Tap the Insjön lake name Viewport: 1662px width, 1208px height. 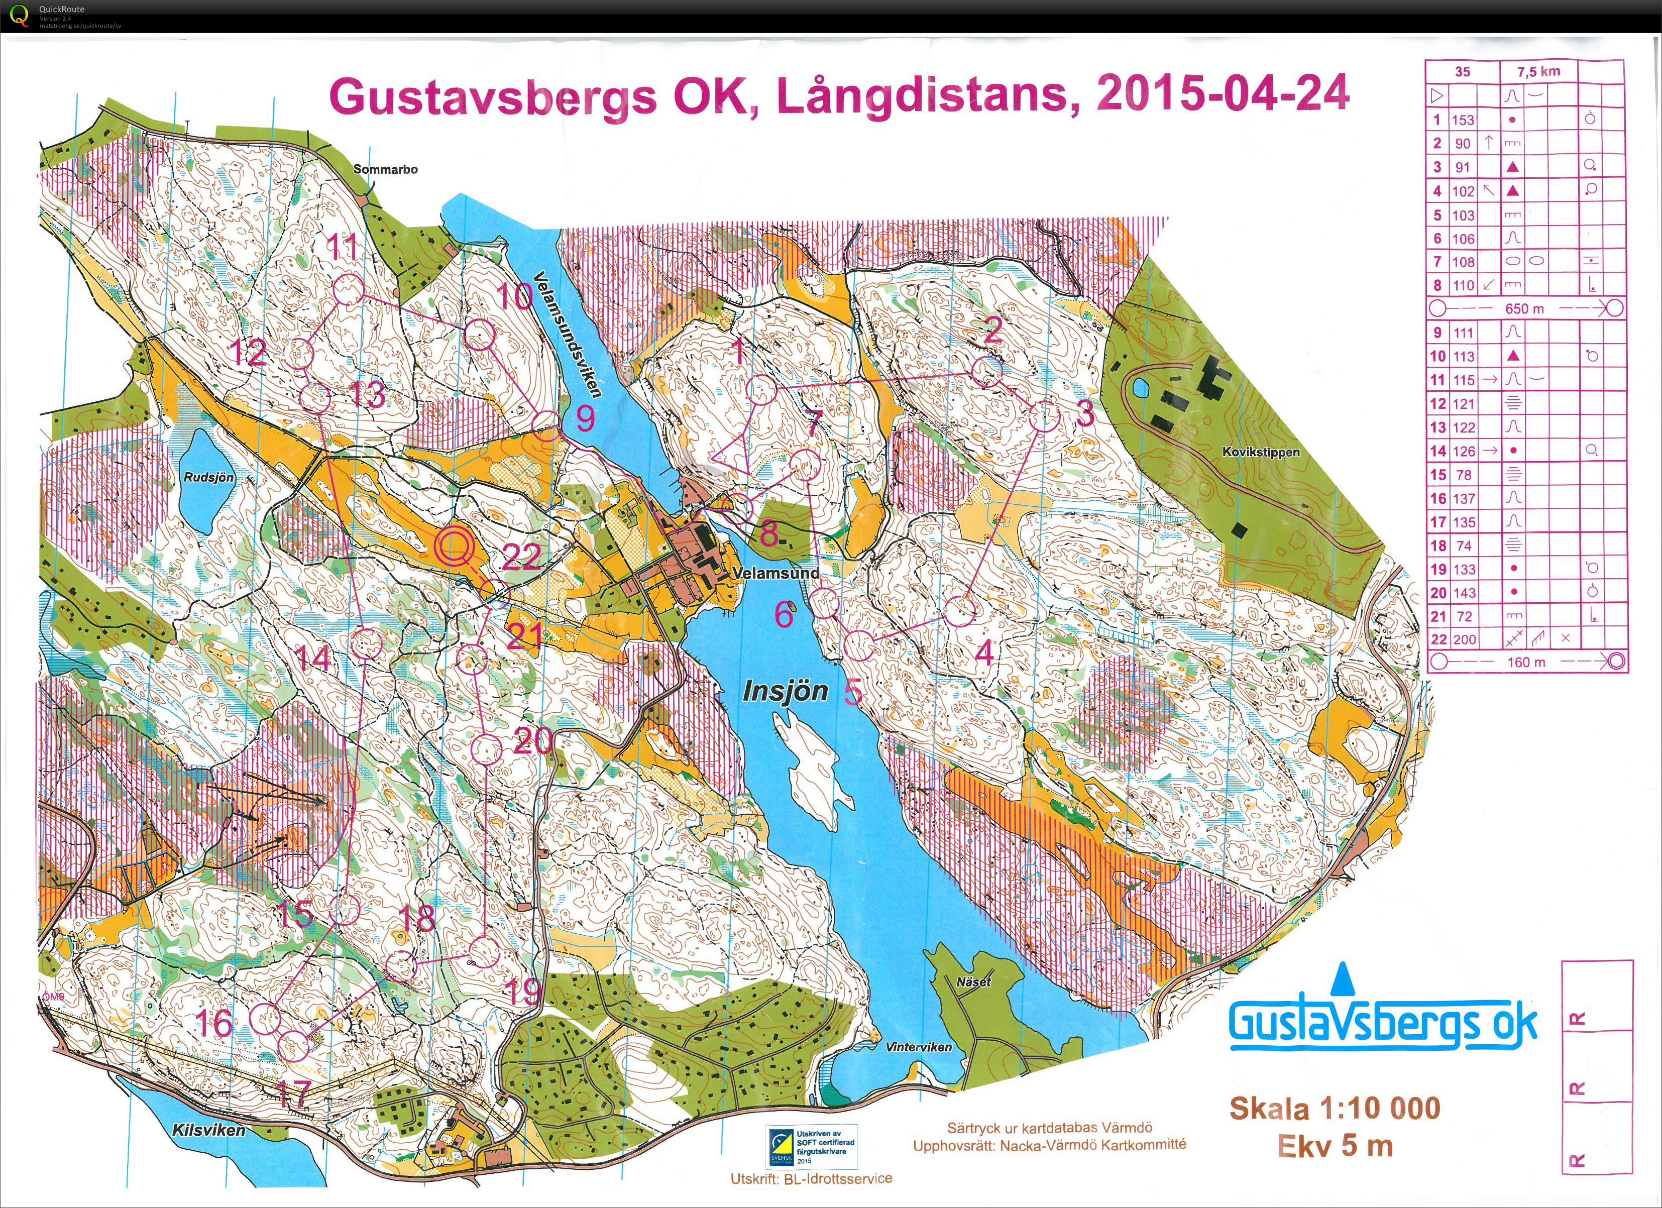tap(785, 691)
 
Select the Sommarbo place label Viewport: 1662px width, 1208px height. tap(385, 169)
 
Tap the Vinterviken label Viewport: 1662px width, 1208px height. tap(918, 1047)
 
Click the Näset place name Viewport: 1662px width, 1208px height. tap(973, 981)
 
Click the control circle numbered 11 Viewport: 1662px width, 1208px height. tap(348, 291)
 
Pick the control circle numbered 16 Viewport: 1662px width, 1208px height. tap(266, 1018)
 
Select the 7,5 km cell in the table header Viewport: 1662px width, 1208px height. tap(1538, 72)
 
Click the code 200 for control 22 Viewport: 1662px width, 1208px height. tap(1464, 639)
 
